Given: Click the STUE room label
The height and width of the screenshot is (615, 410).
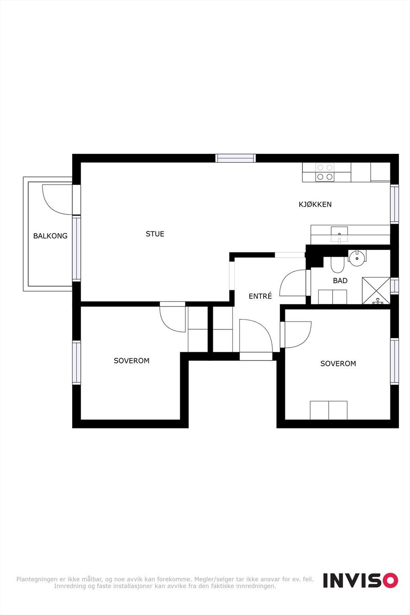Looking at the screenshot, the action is pyautogui.click(x=155, y=234).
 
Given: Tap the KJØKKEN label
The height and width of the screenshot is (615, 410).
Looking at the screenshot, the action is pyautogui.click(x=315, y=204).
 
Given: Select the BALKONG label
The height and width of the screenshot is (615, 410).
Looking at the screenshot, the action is pyautogui.click(x=50, y=236).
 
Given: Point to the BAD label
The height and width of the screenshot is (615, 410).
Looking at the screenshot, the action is pyautogui.click(x=340, y=281).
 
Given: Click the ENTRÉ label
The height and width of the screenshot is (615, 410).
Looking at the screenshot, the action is pyautogui.click(x=261, y=296).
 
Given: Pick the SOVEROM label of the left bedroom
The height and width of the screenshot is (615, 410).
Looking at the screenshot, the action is pyautogui.click(x=132, y=361).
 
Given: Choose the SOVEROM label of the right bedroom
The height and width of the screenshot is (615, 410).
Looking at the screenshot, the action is pyautogui.click(x=338, y=363).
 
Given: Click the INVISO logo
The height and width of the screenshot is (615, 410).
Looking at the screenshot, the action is pyautogui.click(x=360, y=580).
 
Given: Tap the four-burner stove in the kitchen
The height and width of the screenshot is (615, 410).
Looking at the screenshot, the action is pyautogui.click(x=325, y=172).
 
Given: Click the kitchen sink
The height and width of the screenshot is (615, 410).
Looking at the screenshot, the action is pyautogui.click(x=340, y=234).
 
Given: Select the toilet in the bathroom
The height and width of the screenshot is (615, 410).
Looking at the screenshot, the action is pyautogui.click(x=337, y=264).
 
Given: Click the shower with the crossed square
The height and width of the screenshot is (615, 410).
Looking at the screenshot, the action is pyautogui.click(x=376, y=291).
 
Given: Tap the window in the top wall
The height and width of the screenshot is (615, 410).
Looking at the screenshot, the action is pyautogui.click(x=235, y=158).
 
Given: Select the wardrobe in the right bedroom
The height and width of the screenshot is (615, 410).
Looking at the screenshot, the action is pyautogui.click(x=328, y=410).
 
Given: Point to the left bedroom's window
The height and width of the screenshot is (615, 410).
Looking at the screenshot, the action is pyautogui.click(x=76, y=363).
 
